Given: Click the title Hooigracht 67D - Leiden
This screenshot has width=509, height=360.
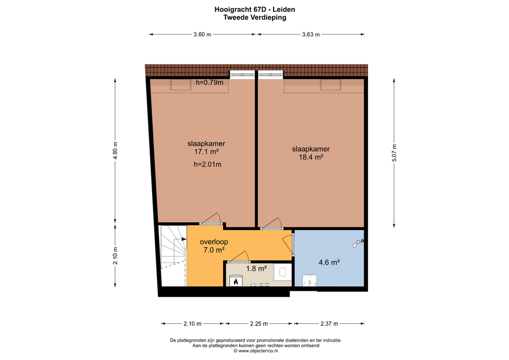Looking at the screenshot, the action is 254,10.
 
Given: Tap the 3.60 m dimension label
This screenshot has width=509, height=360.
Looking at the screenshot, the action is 202,34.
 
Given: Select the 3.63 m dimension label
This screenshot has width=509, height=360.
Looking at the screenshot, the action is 311,34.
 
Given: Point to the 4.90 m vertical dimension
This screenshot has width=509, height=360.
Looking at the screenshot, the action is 115,151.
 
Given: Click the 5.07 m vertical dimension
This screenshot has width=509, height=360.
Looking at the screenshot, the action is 394,153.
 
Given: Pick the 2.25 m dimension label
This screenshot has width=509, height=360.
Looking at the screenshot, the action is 259,323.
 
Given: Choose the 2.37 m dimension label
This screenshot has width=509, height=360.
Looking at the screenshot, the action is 329,323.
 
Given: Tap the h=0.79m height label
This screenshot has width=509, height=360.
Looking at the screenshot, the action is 209,83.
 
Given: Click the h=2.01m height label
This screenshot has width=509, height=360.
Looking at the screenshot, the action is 207,164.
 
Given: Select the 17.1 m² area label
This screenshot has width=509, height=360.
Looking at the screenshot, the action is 206,152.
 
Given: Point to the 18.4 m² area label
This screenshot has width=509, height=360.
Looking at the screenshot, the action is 311,157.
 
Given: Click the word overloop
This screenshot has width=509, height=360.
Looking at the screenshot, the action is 214,242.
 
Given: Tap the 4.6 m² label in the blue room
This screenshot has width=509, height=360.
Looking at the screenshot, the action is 329,262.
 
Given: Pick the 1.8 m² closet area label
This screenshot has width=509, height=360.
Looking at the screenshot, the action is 257,268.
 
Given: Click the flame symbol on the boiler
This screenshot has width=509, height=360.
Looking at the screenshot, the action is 236,282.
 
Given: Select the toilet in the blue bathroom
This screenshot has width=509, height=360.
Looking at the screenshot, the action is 309,281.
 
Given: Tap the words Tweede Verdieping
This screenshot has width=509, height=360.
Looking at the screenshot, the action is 255,17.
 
